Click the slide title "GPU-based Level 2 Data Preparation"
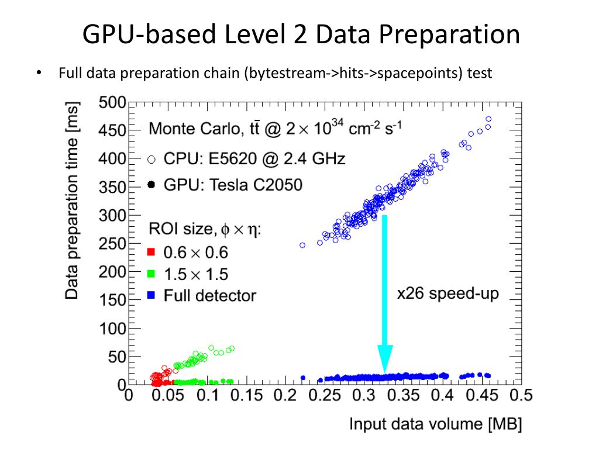click(301, 34)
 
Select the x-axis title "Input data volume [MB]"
click(435, 423)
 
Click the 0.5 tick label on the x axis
click(521, 396)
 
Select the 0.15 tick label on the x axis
click(246, 396)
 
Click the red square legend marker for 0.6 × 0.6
click(151, 253)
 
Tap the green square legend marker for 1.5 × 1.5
click(151, 274)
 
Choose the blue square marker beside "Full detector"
click(151, 295)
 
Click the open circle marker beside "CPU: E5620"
click(151, 158)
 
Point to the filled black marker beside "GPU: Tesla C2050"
click(151, 185)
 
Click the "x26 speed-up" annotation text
click(448, 293)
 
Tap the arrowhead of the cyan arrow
click(384, 360)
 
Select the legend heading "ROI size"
click(180, 229)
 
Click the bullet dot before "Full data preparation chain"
click(39, 74)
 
